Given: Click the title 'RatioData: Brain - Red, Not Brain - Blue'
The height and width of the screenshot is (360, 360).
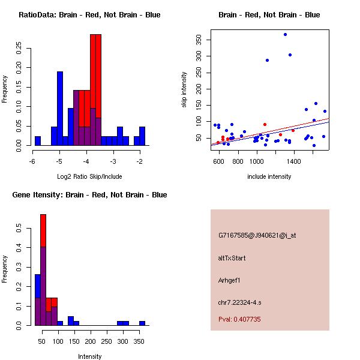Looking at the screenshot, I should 89,15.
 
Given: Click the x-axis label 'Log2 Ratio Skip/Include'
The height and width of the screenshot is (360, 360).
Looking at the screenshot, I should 89,176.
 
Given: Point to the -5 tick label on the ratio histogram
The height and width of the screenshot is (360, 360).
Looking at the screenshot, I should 59,161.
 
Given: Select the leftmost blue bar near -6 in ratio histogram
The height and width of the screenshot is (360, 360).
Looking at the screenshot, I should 37,141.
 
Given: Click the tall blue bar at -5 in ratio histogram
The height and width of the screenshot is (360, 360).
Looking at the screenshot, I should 59,108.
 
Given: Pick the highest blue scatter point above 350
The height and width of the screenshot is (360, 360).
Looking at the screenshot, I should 285,34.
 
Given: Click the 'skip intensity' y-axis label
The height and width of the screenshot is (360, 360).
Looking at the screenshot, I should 184,90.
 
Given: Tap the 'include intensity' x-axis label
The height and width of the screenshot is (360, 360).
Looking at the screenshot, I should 269,176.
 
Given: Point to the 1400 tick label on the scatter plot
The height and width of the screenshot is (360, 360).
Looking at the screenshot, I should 295,161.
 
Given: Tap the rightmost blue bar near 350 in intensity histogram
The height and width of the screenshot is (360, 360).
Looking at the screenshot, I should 142,323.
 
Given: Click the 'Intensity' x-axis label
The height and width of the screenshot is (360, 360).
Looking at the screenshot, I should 90,356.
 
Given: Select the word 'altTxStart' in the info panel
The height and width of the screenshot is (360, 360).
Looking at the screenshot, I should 232,258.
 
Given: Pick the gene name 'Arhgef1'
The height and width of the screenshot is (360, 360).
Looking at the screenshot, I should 230,280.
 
